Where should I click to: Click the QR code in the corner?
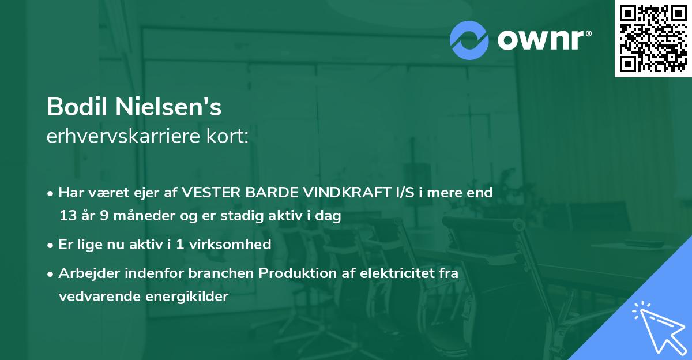click(653, 38)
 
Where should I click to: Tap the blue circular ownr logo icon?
click(469, 40)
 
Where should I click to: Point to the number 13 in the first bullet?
click(67, 216)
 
